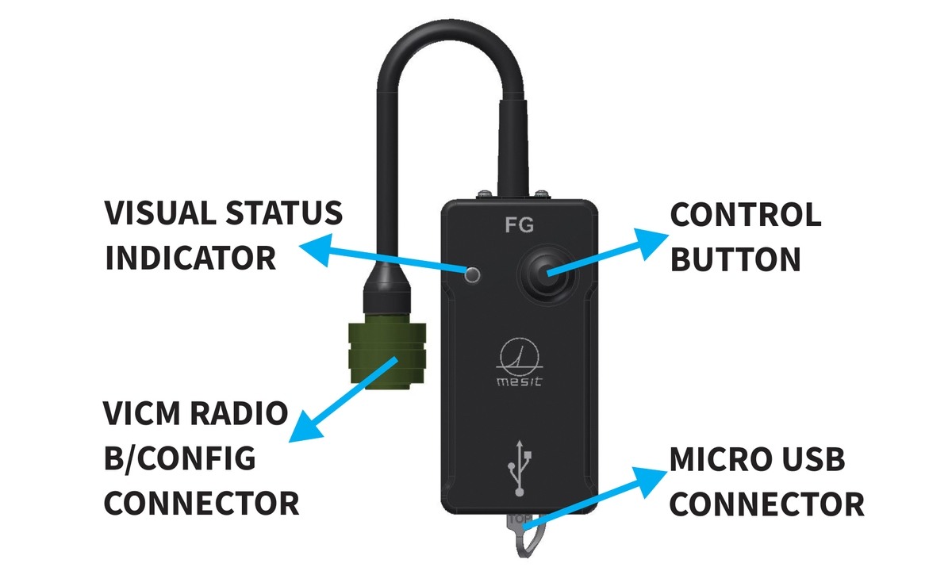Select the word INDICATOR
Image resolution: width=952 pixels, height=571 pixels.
(190, 259)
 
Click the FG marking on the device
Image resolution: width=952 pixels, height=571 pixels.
(520, 224)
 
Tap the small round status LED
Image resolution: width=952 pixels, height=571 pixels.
(474, 275)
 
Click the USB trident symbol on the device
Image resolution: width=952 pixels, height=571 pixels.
(519, 468)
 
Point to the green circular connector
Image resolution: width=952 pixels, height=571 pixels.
(386, 354)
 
